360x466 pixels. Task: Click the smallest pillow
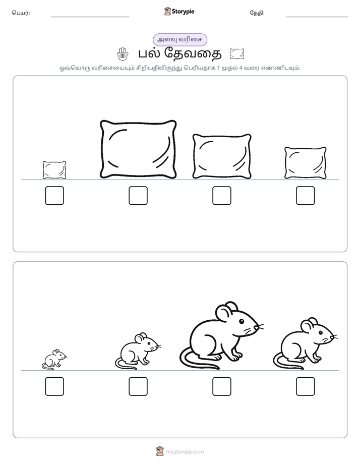pyautogui.click(x=54, y=170)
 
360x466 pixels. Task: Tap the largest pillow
pyautogui.click(x=138, y=149)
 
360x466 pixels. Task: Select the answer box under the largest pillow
pyautogui.click(x=138, y=196)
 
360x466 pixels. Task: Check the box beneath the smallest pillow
pyautogui.click(x=54, y=196)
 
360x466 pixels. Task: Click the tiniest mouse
pyautogui.click(x=54, y=359)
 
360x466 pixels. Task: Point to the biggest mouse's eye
pyautogui.click(x=241, y=321)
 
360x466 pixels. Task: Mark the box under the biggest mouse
pyautogui.click(x=221, y=386)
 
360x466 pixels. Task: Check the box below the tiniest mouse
pyautogui.click(x=54, y=386)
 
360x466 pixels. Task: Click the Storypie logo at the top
pyautogui.click(x=179, y=11)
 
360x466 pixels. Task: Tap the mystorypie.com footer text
pyautogui.click(x=185, y=452)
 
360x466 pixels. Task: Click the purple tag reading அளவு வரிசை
pyautogui.click(x=179, y=39)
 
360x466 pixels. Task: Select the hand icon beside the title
pyautogui.click(x=122, y=54)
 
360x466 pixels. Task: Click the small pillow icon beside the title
pyautogui.click(x=237, y=54)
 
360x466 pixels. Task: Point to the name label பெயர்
pyautogui.click(x=21, y=13)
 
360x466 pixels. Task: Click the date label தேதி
pyautogui.click(x=257, y=13)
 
